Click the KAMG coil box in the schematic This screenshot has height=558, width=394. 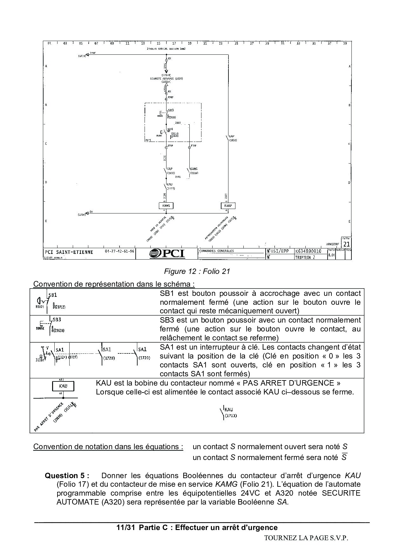pyautogui.click(x=166, y=206)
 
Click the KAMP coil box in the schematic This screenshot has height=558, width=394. pyautogui.click(x=228, y=206)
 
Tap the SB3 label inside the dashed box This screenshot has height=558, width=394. pyautogui.click(x=171, y=110)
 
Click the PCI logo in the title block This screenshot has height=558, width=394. pyautogui.click(x=167, y=253)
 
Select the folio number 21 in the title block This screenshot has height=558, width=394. pyautogui.click(x=346, y=244)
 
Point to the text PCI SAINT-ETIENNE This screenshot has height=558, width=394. pyautogui.click(x=69, y=252)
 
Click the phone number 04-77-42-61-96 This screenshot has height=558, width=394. pyautogui.click(x=119, y=251)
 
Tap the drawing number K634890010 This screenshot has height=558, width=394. pyautogui.click(x=309, y=251)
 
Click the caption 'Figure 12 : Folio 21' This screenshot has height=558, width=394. pyautogui.click(x=197, y=271)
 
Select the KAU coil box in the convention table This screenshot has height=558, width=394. pyautogui.click(x=63, y=386)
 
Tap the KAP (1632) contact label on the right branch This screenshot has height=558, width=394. pyautogui.click(x=233, y=138)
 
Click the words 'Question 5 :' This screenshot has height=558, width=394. pyautogui.click(x=67, y=476)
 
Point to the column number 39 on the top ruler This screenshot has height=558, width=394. pyautogui.click(x=345, y=43)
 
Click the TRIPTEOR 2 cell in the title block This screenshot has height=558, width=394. pyautogui.click(x=305, y=257)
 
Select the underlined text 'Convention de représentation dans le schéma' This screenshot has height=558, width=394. pyautogui.click(x=114, y=284)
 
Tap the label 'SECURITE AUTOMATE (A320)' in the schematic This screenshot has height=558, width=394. pyautogui.click(x=166, y=78)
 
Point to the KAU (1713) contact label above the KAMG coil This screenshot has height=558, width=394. pyautogui.click(x=170, y=186)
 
